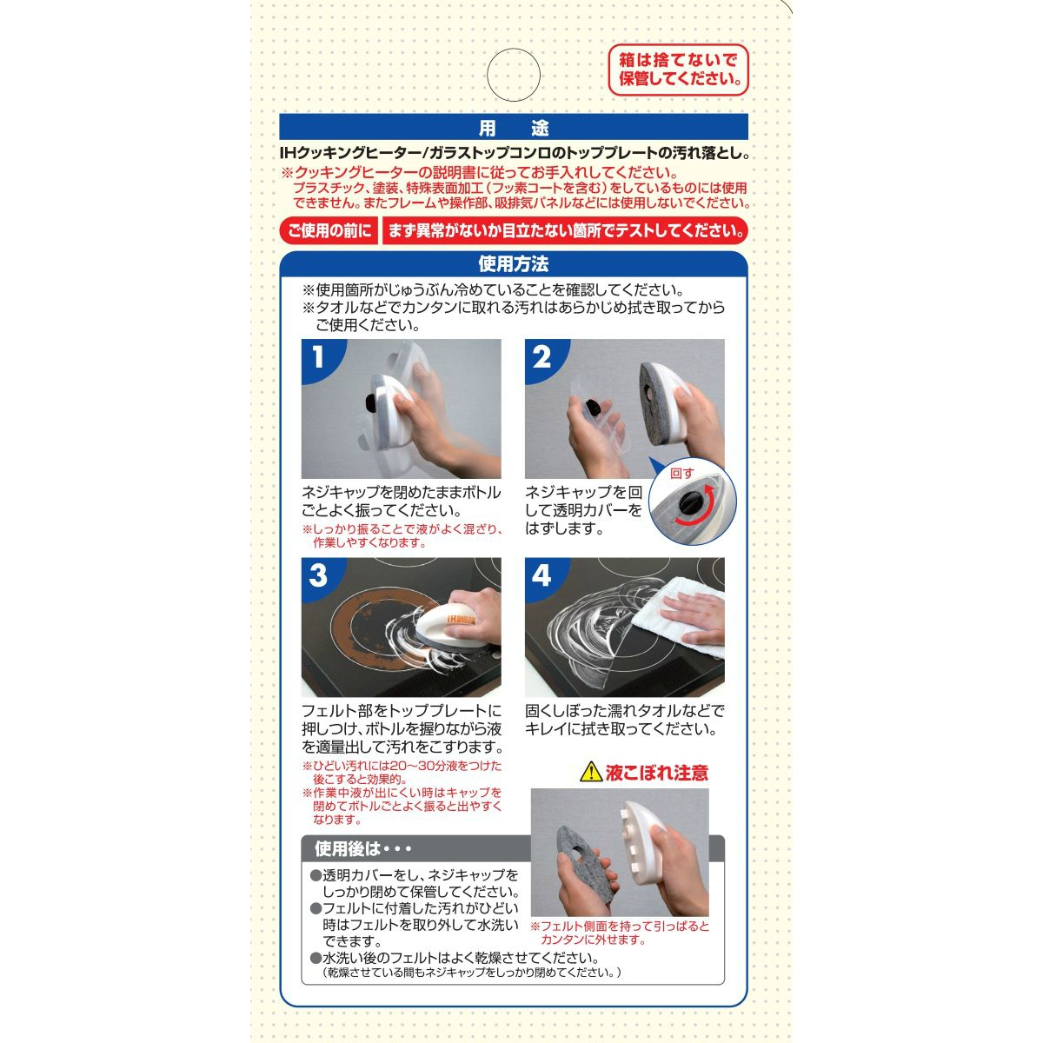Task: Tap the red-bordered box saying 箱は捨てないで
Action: tap(678, 70)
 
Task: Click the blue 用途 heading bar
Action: tap(513, 127)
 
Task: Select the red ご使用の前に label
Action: tap(329, 231)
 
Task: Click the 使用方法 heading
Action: tap(513, 264)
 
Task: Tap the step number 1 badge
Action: tap(319, 357)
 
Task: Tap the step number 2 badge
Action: tap(541, 357)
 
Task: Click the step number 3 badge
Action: tap(319, 576)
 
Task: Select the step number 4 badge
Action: tap(541, 576)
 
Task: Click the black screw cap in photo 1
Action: tap(372, 402)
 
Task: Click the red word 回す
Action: tap(681, 473)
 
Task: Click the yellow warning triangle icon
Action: tap(590, 773)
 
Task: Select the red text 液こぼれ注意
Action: tap(656, 773)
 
